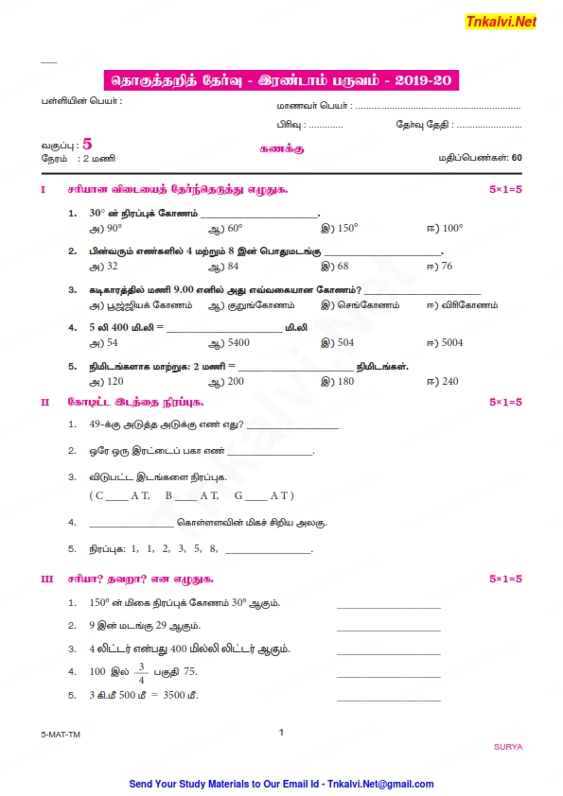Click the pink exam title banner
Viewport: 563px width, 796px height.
click(280, 81)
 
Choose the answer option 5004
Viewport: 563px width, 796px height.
click(449, 342)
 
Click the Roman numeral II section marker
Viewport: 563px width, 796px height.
click(44, 402)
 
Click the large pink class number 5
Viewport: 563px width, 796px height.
click(88, 145)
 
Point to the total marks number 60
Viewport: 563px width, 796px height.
click(516, 158)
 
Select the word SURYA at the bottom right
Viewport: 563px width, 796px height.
click(507, 746)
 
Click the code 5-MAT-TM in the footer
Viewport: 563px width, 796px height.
click(60, 734)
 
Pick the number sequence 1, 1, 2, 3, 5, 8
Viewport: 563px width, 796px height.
click(174, 548)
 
